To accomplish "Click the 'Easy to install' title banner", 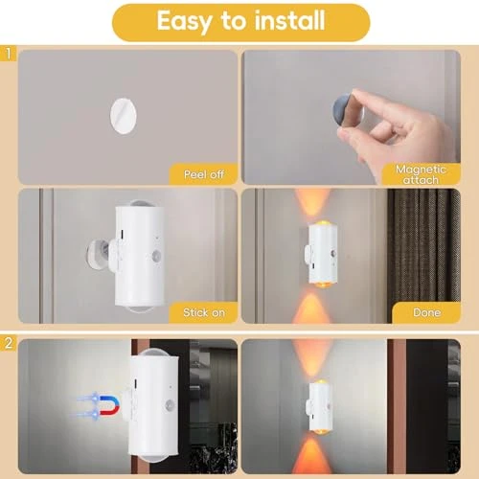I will tap(240, 21).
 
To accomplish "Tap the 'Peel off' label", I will tap(203, 173).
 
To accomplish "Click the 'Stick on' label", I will tap(203, 312).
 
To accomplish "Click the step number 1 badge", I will tap(8, 56).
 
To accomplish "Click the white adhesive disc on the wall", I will tap(120, 113).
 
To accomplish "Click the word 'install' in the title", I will tap(286, 21).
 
